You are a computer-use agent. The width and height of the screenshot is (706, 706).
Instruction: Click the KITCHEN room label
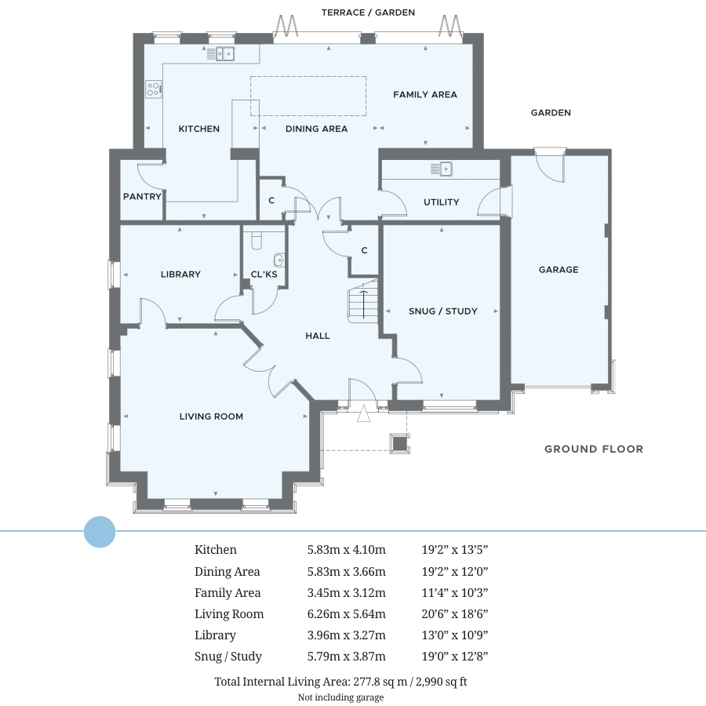coord(199,129)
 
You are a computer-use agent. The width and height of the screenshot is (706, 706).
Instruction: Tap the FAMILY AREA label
coord(425,95)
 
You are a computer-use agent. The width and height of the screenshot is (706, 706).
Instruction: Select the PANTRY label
coord(142,196)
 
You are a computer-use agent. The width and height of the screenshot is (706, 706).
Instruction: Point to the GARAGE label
coord(559,270)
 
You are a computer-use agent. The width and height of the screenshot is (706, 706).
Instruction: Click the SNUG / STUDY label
coord(443,311)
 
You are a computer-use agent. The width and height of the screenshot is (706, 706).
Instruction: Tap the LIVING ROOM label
coord(211,417)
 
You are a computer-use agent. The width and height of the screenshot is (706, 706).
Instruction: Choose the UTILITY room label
coord(441,202)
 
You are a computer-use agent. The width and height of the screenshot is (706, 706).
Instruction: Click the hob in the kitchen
coord(154,89)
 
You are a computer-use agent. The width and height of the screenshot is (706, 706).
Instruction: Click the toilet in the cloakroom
coord(257,241)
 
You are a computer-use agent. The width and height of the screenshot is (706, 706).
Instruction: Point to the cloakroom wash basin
coord(279,260)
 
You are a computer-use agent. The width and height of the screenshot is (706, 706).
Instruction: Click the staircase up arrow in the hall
coord(364,304)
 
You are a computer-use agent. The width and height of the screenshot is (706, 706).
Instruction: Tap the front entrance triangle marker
coord(364,413)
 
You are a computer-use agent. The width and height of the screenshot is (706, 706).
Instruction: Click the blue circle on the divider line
coord(100,532)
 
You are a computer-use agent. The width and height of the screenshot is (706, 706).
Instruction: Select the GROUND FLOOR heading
coord(594,449)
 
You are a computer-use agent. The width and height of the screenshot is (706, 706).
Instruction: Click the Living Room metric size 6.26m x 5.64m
coord(346,613)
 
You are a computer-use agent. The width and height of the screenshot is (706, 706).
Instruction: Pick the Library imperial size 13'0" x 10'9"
coord(455,635)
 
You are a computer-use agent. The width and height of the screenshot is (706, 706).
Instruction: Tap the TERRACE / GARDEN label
coord(369,13)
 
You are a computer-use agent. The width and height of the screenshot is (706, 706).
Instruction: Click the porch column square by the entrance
coord(399,443)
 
